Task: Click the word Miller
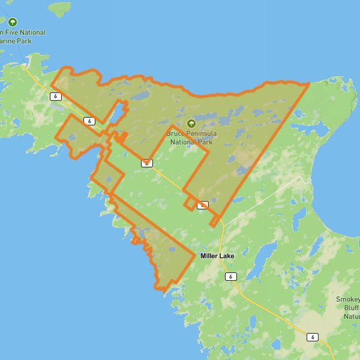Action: click(x=209, y=256)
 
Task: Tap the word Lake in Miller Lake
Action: click(x=227, y=256)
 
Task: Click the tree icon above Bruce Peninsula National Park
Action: click(x=191, y=123)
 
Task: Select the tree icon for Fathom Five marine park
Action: click(x=13, y=22)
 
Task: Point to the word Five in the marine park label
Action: click(x=17, y=32)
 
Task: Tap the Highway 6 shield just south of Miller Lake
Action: click(x=230, y=277)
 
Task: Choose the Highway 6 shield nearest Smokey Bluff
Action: click(x=312, y=337)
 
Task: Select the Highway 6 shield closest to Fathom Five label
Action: click(x=56, y=96)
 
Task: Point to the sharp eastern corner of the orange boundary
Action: click(x=308, y=83)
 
